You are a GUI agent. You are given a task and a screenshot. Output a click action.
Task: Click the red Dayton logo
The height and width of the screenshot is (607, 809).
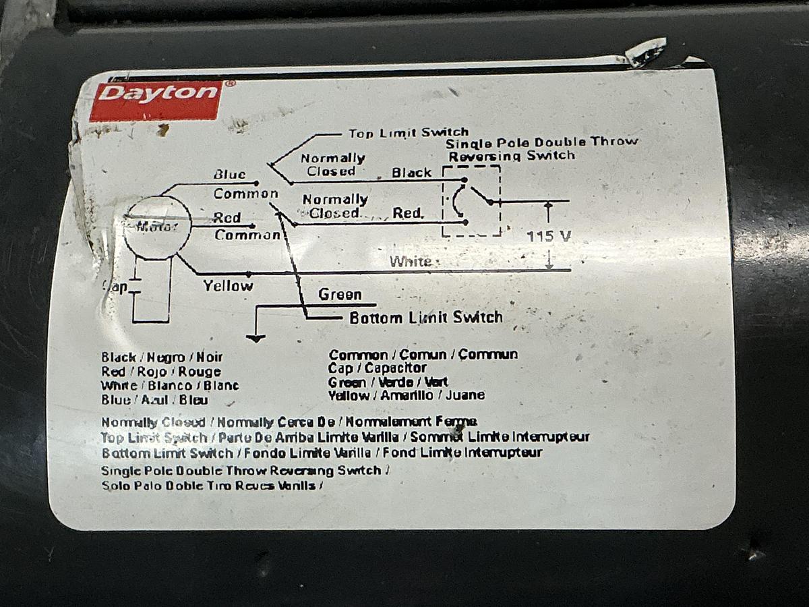coord(156,100)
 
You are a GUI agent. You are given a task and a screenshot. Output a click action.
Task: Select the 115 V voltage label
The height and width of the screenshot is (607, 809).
coord(549,236)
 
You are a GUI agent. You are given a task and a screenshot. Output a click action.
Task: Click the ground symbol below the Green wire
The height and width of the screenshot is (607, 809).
coord(256,337)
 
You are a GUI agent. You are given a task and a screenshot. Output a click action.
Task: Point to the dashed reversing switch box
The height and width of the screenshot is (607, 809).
coord(471,201)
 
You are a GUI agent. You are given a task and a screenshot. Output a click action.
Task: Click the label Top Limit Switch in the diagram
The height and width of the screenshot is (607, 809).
coord(408,133)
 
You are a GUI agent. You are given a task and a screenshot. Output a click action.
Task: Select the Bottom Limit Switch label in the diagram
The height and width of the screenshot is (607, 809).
coord(425,318)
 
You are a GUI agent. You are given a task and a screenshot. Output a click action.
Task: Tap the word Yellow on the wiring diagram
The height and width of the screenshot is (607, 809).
coord(228,286)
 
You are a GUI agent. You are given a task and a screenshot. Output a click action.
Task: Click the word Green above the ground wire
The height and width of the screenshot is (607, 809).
coord(340,295)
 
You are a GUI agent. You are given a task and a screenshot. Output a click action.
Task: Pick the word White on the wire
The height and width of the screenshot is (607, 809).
coord(411,261)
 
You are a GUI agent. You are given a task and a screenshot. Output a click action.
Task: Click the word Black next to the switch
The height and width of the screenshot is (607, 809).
coord(412,173)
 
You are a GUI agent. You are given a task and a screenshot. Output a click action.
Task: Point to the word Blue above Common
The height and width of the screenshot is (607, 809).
coord(230,175)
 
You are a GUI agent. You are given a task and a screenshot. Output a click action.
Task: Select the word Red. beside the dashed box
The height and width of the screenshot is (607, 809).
coord(408,213)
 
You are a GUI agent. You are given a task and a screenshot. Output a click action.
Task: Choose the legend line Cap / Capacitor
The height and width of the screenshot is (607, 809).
coord(377,368)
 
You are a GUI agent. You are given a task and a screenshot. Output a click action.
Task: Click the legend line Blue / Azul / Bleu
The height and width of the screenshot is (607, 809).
coord(154,399)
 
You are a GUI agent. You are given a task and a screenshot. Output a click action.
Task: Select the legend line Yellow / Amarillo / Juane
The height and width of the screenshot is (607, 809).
coord(406,396)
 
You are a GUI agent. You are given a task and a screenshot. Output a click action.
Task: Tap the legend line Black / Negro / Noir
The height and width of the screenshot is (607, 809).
coord(162,357)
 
